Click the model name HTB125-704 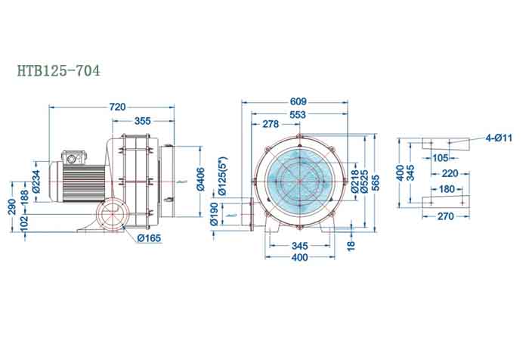coord(58,71)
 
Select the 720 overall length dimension coord(117,107)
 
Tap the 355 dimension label coord(142,121)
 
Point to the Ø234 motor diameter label coord(35,180)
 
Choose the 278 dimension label coord(269,124)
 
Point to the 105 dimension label coord(441,157)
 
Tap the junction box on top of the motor coord(74,157)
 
